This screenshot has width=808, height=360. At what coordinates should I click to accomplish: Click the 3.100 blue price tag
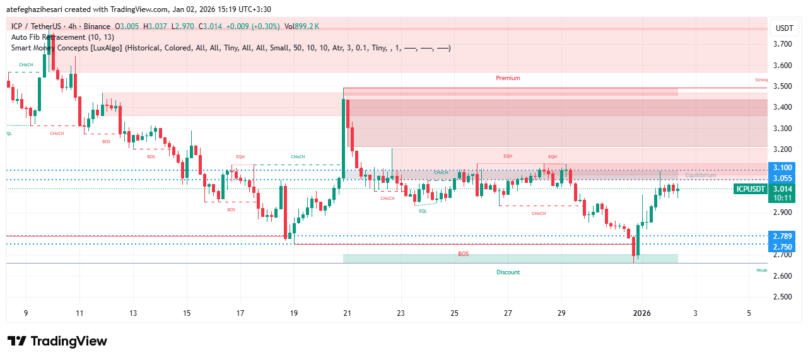coord(782,168)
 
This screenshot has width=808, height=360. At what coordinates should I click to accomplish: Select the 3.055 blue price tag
coord(782,178)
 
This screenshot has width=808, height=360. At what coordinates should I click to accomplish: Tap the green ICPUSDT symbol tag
coord(751,189)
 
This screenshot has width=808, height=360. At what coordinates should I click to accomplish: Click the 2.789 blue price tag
coord(782,236)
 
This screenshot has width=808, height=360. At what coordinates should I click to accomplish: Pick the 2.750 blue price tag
coord(782,247)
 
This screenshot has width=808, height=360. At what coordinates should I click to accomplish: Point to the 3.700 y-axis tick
coord(782,44)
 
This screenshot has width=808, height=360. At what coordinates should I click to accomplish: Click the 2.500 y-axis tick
coord(782,297)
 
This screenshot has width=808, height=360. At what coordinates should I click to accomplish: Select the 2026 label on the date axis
coord(642,313)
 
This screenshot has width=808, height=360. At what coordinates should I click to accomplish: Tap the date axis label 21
coord(347,313)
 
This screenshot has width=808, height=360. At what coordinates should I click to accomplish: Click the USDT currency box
coord(784,28)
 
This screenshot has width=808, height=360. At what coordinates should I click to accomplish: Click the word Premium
coord(508,78)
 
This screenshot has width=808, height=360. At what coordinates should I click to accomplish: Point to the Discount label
coord(508,272)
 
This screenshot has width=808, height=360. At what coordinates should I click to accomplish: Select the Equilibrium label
coord(701,175)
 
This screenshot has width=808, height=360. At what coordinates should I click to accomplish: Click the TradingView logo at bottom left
coord(57,341)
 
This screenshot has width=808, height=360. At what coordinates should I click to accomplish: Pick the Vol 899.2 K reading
coord(302,26)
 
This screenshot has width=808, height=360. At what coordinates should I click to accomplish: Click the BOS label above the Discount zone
coord(464,254)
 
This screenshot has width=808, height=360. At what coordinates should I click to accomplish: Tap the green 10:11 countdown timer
coord(782,197)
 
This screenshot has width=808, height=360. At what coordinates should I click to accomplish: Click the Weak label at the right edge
coord(762,270)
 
